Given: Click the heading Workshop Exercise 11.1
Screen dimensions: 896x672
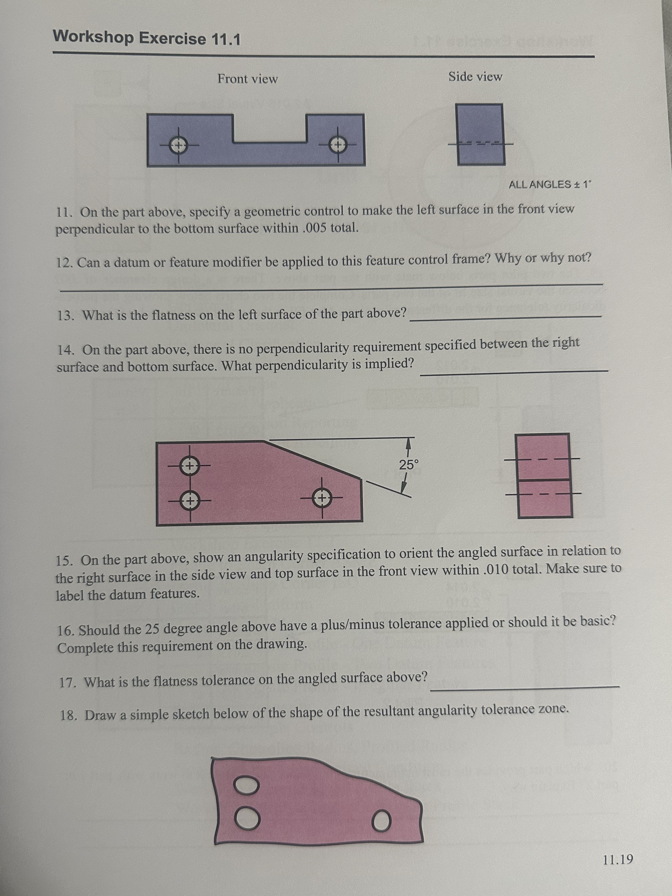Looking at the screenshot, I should click(147, 38).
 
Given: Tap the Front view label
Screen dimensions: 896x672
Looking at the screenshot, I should click(248, 79).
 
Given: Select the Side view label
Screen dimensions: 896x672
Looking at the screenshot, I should click(475, 77).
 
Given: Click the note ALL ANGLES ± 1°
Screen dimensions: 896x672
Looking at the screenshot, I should click(550, 185).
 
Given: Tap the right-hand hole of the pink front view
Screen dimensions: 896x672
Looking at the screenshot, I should click(322, 497).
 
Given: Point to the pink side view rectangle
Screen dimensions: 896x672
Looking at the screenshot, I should click(544, 475).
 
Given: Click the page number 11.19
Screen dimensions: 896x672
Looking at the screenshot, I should click(618, 859).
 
